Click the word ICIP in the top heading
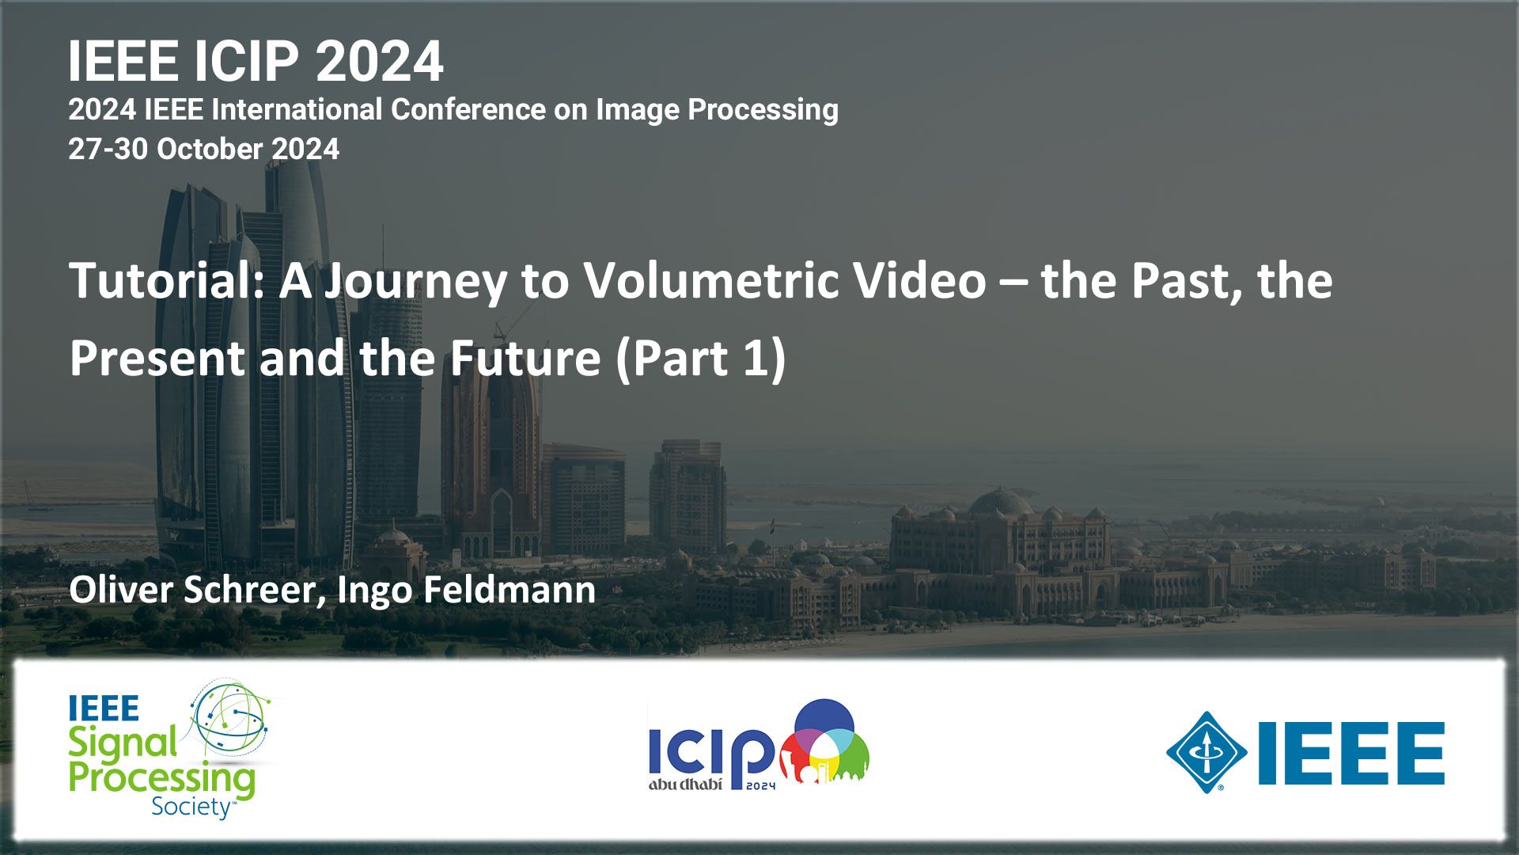coord(246,61)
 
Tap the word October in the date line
coord(210,149)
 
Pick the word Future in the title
coord(525,358)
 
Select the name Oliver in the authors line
coord(121,590)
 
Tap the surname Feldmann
coord(509,590)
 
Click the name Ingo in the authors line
coord(374,593)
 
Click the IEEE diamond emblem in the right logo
coord(1206,752)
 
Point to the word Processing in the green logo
coord(162,780)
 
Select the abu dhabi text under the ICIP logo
coord(685,785)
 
